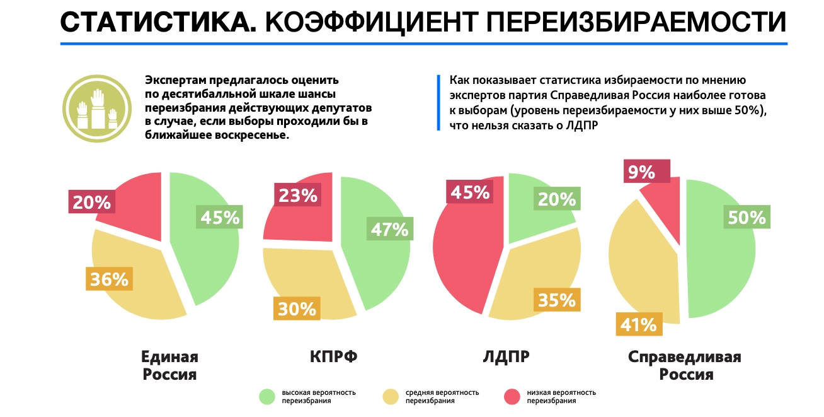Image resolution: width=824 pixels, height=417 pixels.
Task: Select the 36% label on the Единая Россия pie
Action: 108,279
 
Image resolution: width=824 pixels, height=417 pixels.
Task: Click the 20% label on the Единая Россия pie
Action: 92,202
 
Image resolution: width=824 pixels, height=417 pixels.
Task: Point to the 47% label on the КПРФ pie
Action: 389,229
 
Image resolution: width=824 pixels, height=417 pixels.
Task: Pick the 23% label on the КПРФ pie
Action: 297,195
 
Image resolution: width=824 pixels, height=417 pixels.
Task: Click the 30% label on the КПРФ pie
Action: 297,308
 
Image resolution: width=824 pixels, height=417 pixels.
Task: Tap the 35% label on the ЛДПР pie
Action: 556,300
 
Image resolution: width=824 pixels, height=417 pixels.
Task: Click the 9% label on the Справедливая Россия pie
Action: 641,172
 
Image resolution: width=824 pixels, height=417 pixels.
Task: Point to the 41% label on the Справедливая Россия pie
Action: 638,325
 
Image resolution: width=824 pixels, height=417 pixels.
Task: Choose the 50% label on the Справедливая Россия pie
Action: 747,217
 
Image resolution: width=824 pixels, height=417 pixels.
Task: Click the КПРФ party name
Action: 333,357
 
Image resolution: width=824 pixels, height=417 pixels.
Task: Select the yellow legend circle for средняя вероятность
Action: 391,396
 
